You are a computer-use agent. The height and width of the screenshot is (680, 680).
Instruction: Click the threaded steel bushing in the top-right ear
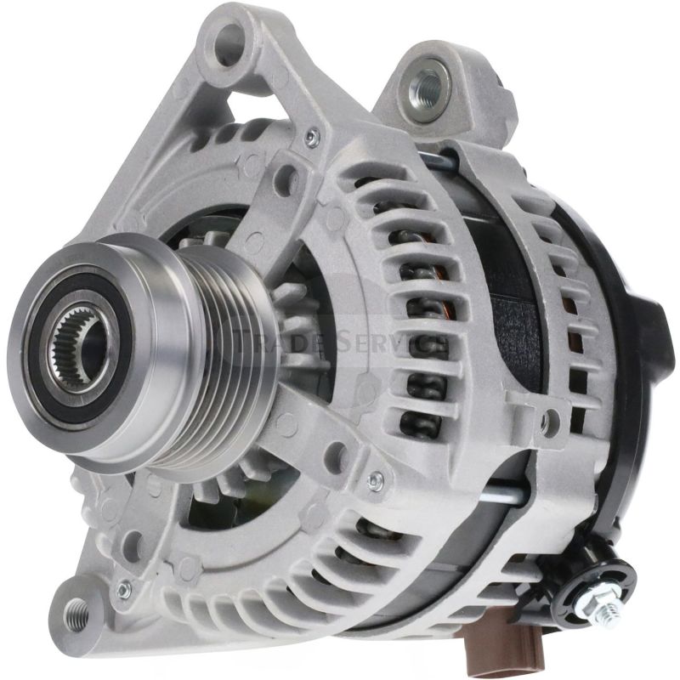click(x=425, y=84)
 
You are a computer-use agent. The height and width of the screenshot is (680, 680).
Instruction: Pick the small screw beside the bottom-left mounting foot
click(x=125, y=586)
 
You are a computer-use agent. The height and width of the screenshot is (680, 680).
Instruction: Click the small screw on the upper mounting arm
click(x=313, y=137)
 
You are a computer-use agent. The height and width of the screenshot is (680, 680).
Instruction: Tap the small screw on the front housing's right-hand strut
click(x=375, y=481)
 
